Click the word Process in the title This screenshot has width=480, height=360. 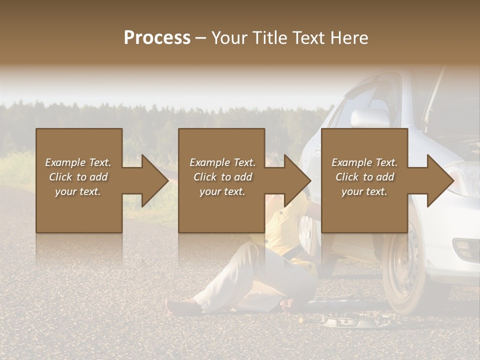tap(157, 38)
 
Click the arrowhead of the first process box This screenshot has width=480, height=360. tap(155, 181)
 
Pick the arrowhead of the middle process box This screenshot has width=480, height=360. tap(298, 181)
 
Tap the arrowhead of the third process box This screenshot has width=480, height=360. tap(441, 181)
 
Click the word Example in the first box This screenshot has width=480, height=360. tap(65, 162)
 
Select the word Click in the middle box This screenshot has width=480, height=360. tap(204, 177)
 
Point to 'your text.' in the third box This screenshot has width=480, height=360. tap(364, 191)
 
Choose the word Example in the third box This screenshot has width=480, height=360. tap(352, 162)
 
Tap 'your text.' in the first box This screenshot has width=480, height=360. tap(77, 191)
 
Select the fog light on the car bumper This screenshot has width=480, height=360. tap(465, 247)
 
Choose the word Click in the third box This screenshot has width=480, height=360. tap(346, 177)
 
